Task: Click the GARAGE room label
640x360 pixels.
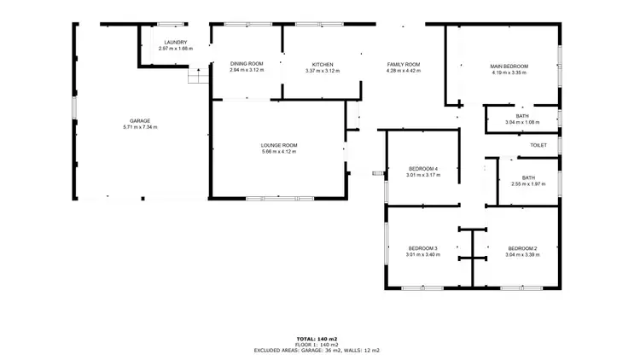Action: [x=140, y=121]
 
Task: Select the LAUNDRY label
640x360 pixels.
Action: [x=176, y=43]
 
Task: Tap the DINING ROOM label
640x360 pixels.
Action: [x=247, y=64]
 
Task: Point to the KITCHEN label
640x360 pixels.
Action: [x=322, y=64]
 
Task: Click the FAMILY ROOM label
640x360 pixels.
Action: [x=404, y=64]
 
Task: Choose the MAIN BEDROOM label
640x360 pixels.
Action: [x=509, y=66]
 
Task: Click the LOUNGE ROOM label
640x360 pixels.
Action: [x=279, y=145]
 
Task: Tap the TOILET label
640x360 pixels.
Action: [x=538, y=145]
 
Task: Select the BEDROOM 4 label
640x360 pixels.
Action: [x=422, y=169]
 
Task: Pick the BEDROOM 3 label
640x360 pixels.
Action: [x=422, y=248]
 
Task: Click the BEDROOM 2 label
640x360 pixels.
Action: [x=522, y=248]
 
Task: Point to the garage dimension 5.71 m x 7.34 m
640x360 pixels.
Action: [x=140, y=127]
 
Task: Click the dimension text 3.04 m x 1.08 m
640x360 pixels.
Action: [x=522, y=122]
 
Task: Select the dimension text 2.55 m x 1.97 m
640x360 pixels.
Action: [x=527, y=183]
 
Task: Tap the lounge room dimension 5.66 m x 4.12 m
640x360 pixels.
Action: [x=279, y=151]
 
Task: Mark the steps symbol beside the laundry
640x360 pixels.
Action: [x=198, y=77]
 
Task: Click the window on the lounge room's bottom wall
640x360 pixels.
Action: [x=267, y=199]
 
